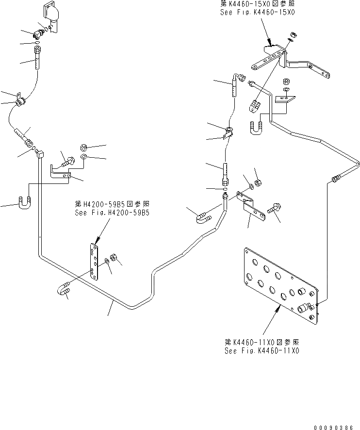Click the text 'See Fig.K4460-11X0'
pos(262,350)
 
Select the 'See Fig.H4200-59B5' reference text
pos(112,213)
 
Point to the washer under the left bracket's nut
pos(84,157)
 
